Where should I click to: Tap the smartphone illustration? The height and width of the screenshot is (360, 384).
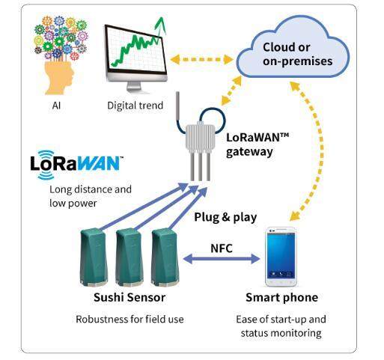point(281,257)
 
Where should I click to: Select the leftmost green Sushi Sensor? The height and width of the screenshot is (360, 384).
point(94,257)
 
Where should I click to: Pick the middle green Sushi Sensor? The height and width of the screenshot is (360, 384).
point(129,257)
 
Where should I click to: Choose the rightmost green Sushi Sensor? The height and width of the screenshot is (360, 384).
point(165,257)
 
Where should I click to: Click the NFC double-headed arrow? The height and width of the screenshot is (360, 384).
point(222,259)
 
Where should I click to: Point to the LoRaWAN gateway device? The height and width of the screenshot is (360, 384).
point(200,144)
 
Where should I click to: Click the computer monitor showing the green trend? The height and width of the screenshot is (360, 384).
point(136,58)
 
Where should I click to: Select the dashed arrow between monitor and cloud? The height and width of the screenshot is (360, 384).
point(201,60)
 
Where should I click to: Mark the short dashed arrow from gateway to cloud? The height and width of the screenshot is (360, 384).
point(231,91)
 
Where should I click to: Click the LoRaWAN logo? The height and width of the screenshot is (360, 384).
point(77,164)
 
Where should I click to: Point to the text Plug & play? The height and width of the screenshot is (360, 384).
point(225,217)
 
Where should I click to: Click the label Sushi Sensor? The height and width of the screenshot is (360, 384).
point(129,297)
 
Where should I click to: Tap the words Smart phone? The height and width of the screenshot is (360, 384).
point(281,297)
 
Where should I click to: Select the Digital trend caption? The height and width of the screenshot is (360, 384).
point(135,106)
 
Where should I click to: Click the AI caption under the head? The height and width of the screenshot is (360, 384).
point(56,106)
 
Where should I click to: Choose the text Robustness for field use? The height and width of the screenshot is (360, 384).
point(129,320)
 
